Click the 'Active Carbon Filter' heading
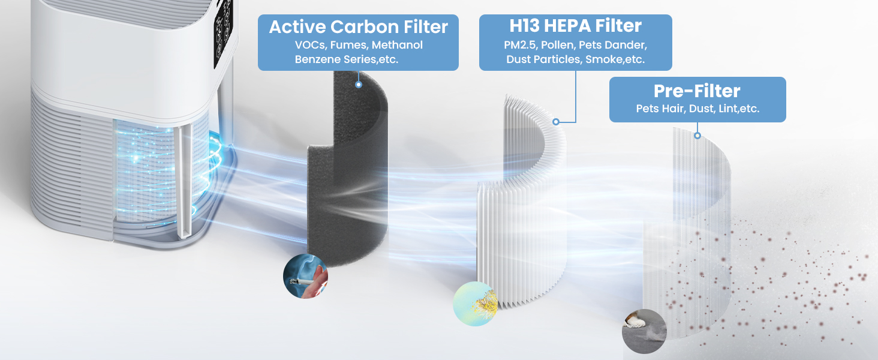pyautogui.click(x=358, y=27)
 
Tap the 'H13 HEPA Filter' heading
pyautogui.click(x=575, y=26)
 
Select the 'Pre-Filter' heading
pyautogui.click(x=697, y=91)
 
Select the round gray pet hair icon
pyautogui.click(x=644, y=331)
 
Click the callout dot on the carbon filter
pyautogui.click(x=359, y=85)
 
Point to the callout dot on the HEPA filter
pyautogui.click(x=556, y=121)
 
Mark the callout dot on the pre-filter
pyautogui.click(x=697, y=136)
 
